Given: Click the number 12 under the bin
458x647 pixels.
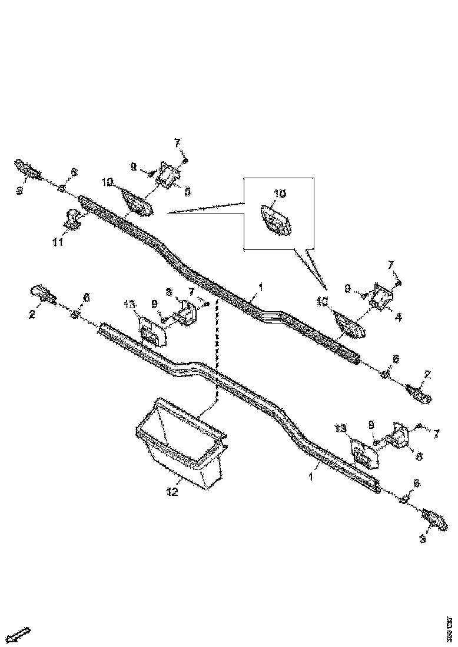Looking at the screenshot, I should pos(171,492).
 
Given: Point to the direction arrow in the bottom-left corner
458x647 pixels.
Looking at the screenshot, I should pos(22,635).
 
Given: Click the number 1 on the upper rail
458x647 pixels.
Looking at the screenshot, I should pos(258,288).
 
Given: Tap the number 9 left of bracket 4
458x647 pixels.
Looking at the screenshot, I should pos(347,288).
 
